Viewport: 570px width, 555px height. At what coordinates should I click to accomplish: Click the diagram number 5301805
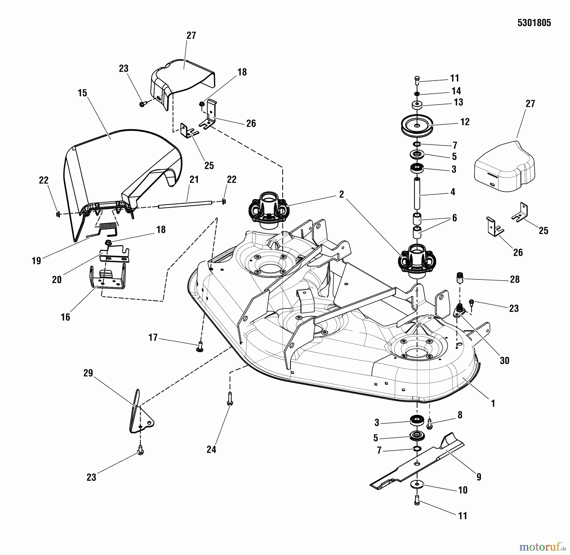[534, 23]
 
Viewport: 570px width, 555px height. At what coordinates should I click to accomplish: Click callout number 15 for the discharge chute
[82, 93]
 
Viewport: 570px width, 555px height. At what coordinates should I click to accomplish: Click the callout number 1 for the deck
[493, 403]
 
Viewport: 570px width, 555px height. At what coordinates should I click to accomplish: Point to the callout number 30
[504, 360]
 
